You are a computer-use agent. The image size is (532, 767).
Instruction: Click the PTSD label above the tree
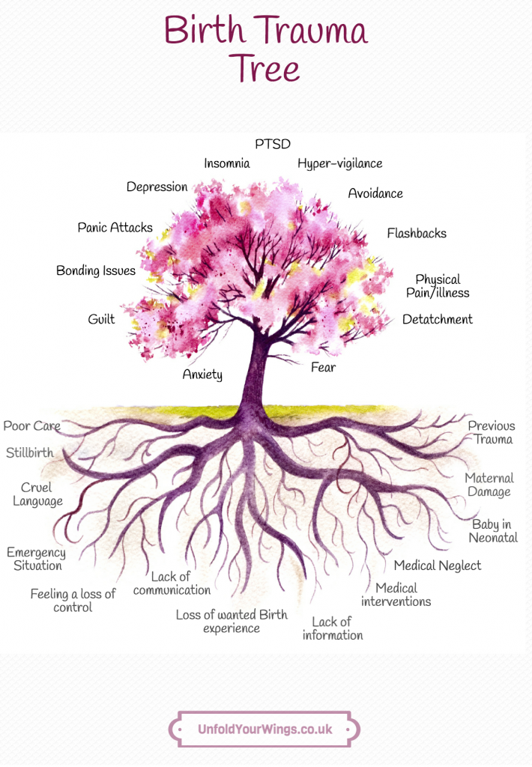coord(273,144)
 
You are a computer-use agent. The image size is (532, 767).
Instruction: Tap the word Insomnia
coord(226,163)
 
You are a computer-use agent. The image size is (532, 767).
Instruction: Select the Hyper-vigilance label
coord(339,164)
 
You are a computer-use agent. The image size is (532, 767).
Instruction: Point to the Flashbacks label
coord(417,234)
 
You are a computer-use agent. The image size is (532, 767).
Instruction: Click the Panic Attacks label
coord(115,228)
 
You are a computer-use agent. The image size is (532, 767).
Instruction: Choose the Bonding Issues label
coord(96,271)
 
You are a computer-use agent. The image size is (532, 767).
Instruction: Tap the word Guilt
coord(101,319)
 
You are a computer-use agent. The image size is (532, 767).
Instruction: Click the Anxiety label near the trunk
coord(202,375)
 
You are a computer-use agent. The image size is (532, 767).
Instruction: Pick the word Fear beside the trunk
coord(323,367)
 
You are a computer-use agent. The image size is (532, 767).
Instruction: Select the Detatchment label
coord(438,319)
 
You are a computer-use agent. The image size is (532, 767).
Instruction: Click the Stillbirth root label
coord(30,452)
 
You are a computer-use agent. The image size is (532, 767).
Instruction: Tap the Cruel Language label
coord(37,494)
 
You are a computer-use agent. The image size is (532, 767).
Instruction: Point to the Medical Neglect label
coord(438,566)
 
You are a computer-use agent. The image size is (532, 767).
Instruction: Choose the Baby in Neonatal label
coord(493,531)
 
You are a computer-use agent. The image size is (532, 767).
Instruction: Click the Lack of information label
coord(333,628)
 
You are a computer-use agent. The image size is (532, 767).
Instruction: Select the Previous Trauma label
coord(492,432)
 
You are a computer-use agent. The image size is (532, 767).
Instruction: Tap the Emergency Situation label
coord(36,559)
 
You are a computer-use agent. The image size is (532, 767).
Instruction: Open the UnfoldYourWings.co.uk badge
coord(265,730)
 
